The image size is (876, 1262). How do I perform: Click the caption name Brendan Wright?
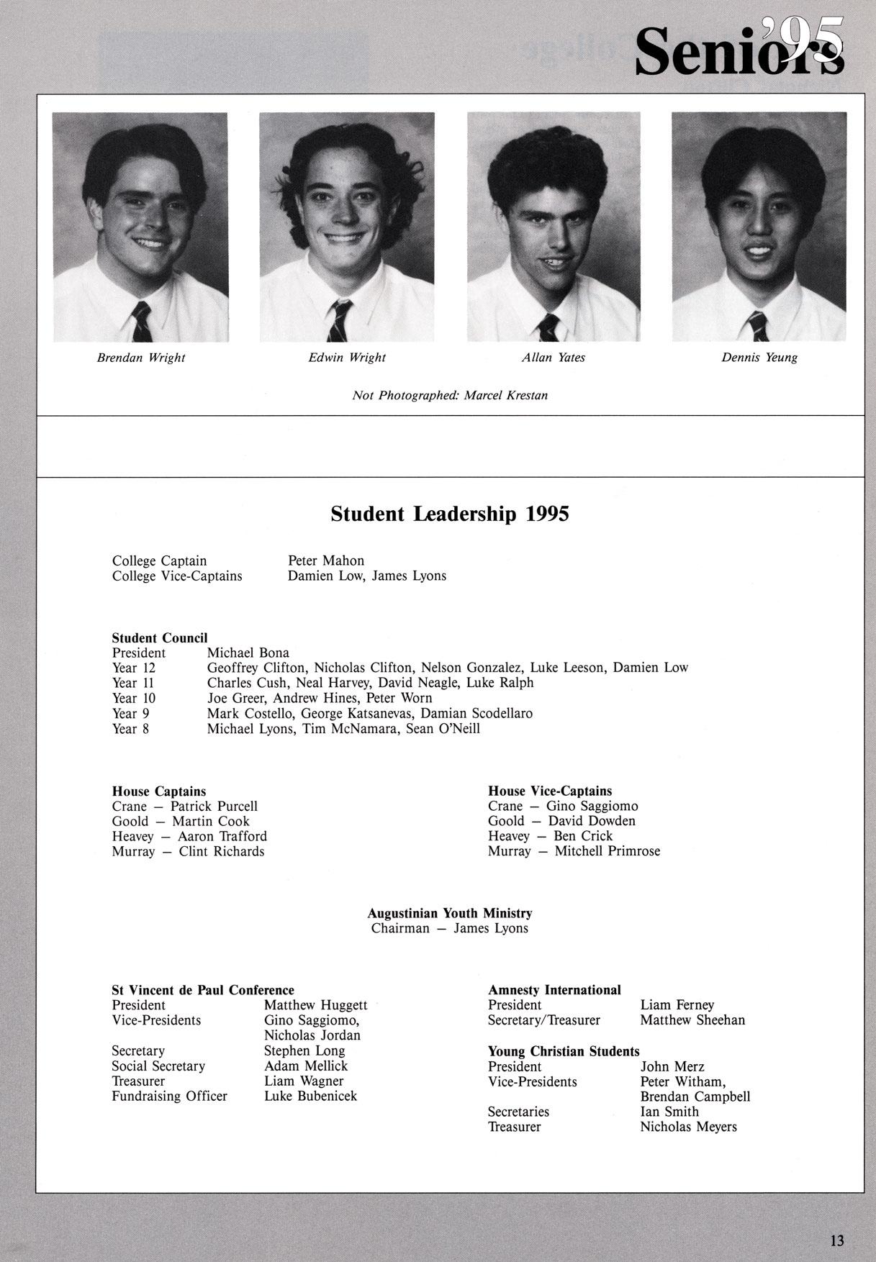coord(141,358)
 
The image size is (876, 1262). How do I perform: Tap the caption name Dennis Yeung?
coord(759,358)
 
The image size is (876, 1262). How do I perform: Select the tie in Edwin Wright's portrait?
coord(339,321)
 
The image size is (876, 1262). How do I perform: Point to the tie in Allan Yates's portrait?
coord(548,328)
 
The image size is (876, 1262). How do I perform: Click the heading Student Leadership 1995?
coord(450,514)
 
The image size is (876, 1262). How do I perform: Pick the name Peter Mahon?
coord(326,560)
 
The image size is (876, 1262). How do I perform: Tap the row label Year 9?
coord(131,713)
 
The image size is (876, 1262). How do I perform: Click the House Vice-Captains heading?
coord(550,791)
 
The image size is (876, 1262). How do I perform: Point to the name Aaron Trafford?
coord(222,836)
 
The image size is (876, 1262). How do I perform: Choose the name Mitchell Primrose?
coord(607,851)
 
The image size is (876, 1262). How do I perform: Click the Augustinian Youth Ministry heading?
coord(450,913)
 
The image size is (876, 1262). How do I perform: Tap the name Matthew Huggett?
coord(316,1005)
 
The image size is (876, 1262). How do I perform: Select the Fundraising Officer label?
coord(169,1096)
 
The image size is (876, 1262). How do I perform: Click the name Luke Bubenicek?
coord(310,1096)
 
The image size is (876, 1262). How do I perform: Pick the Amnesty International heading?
coord(554,990)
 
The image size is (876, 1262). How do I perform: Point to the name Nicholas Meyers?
coord(688,1127)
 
